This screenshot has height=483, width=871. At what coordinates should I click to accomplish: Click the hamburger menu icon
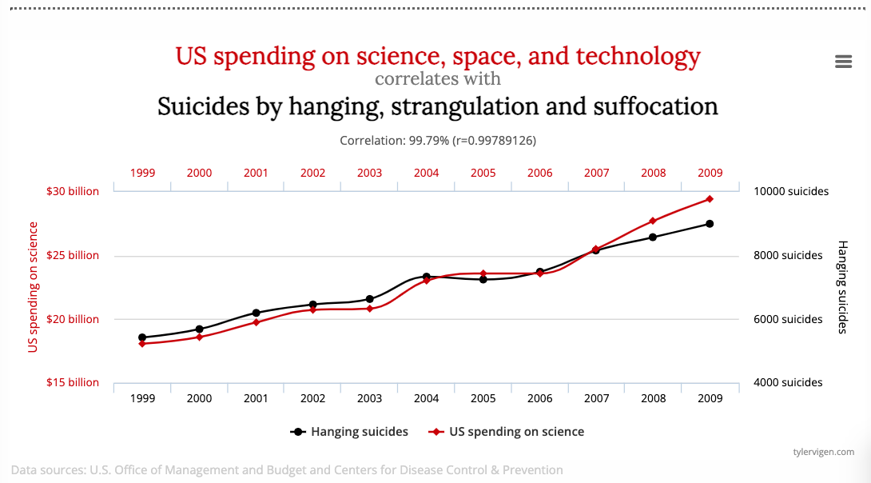click(x=843, y=62)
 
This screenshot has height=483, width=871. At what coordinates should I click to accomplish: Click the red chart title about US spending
click(x=438, y=57)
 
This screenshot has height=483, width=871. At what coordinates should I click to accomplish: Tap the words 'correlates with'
click(x=438, y=79)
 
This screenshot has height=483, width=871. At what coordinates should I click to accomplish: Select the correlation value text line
click(x=438, y=140)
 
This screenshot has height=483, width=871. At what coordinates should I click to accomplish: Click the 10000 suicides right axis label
click(x=791, y=191)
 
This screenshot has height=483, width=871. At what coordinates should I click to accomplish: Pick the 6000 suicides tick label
click(x=788, y=319)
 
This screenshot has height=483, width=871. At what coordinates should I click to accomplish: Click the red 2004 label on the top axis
click(x=426, y=173)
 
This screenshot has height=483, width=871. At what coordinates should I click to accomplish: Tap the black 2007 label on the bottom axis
click(x=596, y=397)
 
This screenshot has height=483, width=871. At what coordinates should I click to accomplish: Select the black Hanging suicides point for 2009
click(x=710, y=224)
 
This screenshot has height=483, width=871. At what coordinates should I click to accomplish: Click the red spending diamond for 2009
click(x=710, y=199)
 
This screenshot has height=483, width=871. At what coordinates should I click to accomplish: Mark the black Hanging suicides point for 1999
click(x=142, y=337)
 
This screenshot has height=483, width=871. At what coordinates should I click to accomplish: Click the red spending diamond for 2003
click(x=369, y=308)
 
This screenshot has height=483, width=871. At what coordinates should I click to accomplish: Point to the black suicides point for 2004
click(x=427, y=277)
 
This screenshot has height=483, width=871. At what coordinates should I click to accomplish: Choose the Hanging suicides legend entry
click(x=349, y=432)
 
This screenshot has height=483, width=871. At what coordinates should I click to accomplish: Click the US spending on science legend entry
click(x=507, y=432)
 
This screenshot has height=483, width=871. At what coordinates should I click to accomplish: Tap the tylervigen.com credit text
click(x=823, y=452)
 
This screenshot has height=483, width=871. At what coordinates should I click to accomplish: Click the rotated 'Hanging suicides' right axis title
click(x=841, y=285)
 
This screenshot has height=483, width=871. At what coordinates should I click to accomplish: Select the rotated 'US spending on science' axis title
click(x=33, y=286)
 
